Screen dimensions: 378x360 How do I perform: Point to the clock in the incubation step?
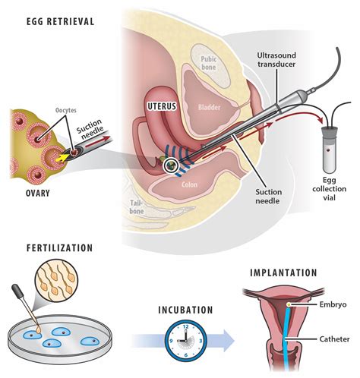[x=186, y=335]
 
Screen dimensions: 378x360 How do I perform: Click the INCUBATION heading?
[x=186, y=309]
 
